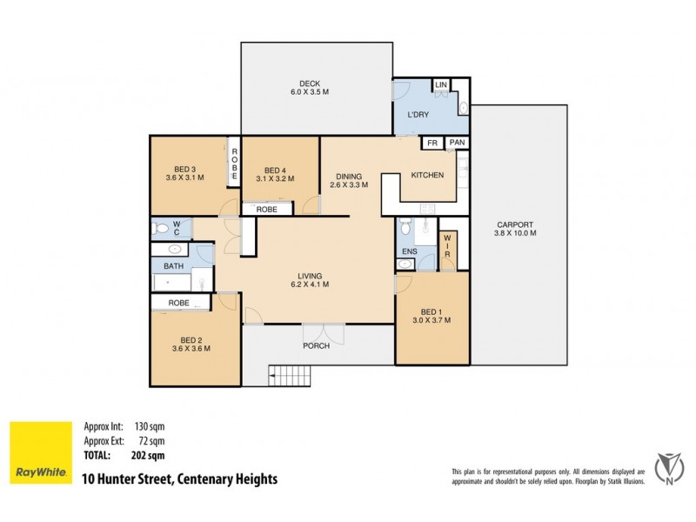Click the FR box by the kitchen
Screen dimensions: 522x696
pos(432,143)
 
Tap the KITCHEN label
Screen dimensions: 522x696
pos(427,175)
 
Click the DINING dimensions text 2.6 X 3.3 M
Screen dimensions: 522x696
pos(349,185)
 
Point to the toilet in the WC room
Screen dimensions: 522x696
pos(158,229)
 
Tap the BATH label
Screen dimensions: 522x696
pos(174,266)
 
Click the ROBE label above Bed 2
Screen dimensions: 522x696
pos(179,303)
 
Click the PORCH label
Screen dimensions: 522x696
pos(316,345)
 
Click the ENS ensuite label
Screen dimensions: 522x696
pos(408,253)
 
